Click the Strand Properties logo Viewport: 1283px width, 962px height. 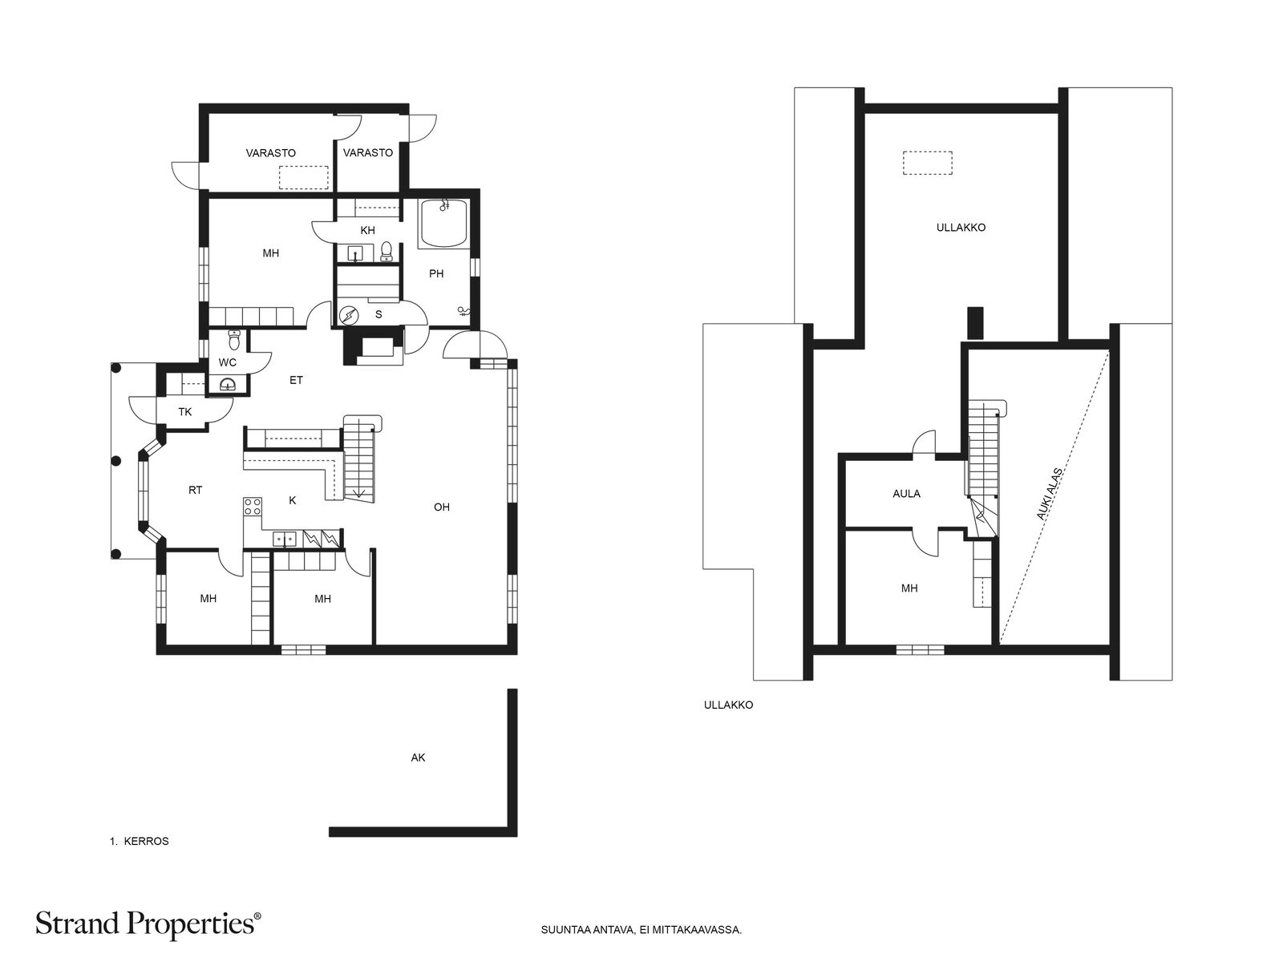pos(148,924)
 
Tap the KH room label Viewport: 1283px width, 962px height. pos(367,230)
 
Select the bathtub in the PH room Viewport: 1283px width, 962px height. pos(444,223)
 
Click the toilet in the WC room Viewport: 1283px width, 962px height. pos(234,340)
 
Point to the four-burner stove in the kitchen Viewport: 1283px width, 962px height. pos(253,506)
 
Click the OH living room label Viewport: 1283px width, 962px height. pos(441,507)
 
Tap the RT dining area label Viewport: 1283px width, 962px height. pos(195,490)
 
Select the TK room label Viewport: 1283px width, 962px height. pos(184,412)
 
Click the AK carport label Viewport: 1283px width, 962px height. pos(418,758)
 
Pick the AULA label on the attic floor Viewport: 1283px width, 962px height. pos(907,494)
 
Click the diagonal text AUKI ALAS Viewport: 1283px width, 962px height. pos(1049,493)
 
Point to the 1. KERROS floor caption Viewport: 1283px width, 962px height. pos(139,841)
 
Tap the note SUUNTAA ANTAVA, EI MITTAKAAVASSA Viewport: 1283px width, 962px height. pos(641,930)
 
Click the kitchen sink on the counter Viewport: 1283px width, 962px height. pos(285,539)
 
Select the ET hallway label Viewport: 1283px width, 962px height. pos(297,380)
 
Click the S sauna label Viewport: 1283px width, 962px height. pos(378,315)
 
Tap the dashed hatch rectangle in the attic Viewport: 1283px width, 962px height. pos(927,163)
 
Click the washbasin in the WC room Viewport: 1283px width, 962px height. pos(228,384)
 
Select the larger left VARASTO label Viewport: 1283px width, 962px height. pos(270,153)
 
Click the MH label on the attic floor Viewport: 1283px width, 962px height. pos(909,588)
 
